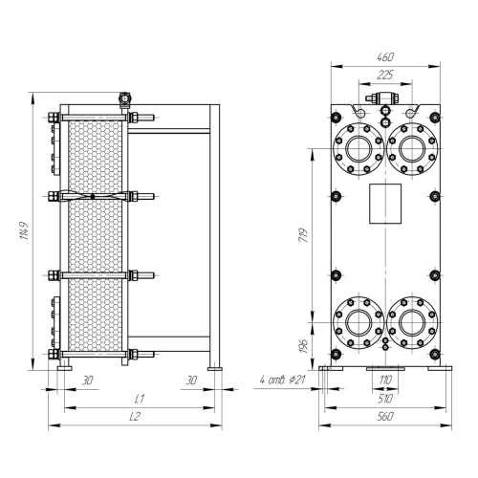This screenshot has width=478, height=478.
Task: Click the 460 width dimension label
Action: pos(385,57)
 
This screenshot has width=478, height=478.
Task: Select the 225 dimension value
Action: pos(385,76)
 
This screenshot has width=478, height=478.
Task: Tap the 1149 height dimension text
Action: pos(25,230)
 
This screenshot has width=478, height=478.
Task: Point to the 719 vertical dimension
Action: pos(304,235)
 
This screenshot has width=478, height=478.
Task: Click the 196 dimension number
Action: pos(304,346)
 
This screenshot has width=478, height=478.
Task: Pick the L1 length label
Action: pos(140,399)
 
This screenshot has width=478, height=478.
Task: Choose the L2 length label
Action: pos(135,416)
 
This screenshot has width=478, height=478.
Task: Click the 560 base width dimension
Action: pos(385,416)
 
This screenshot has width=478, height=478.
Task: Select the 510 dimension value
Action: pos(385,399)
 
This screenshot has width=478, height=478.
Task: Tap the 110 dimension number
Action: pos(385,380)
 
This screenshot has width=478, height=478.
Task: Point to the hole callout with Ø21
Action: pos(283,380)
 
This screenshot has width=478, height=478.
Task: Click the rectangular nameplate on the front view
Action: pos(385,204)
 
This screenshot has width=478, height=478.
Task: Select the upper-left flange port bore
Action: pos(358,149)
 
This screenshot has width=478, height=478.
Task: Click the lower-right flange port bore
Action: pos(412,322)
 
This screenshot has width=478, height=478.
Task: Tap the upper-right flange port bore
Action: pos(412,149)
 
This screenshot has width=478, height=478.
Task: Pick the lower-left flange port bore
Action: pos(358,322)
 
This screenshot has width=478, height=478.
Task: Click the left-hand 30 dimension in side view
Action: pos(87,380)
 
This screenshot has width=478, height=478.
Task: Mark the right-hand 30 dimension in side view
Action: pos(191,380)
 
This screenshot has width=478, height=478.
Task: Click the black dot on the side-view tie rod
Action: pos(93,197)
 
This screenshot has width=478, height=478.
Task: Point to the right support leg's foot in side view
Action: pos(215,369)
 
